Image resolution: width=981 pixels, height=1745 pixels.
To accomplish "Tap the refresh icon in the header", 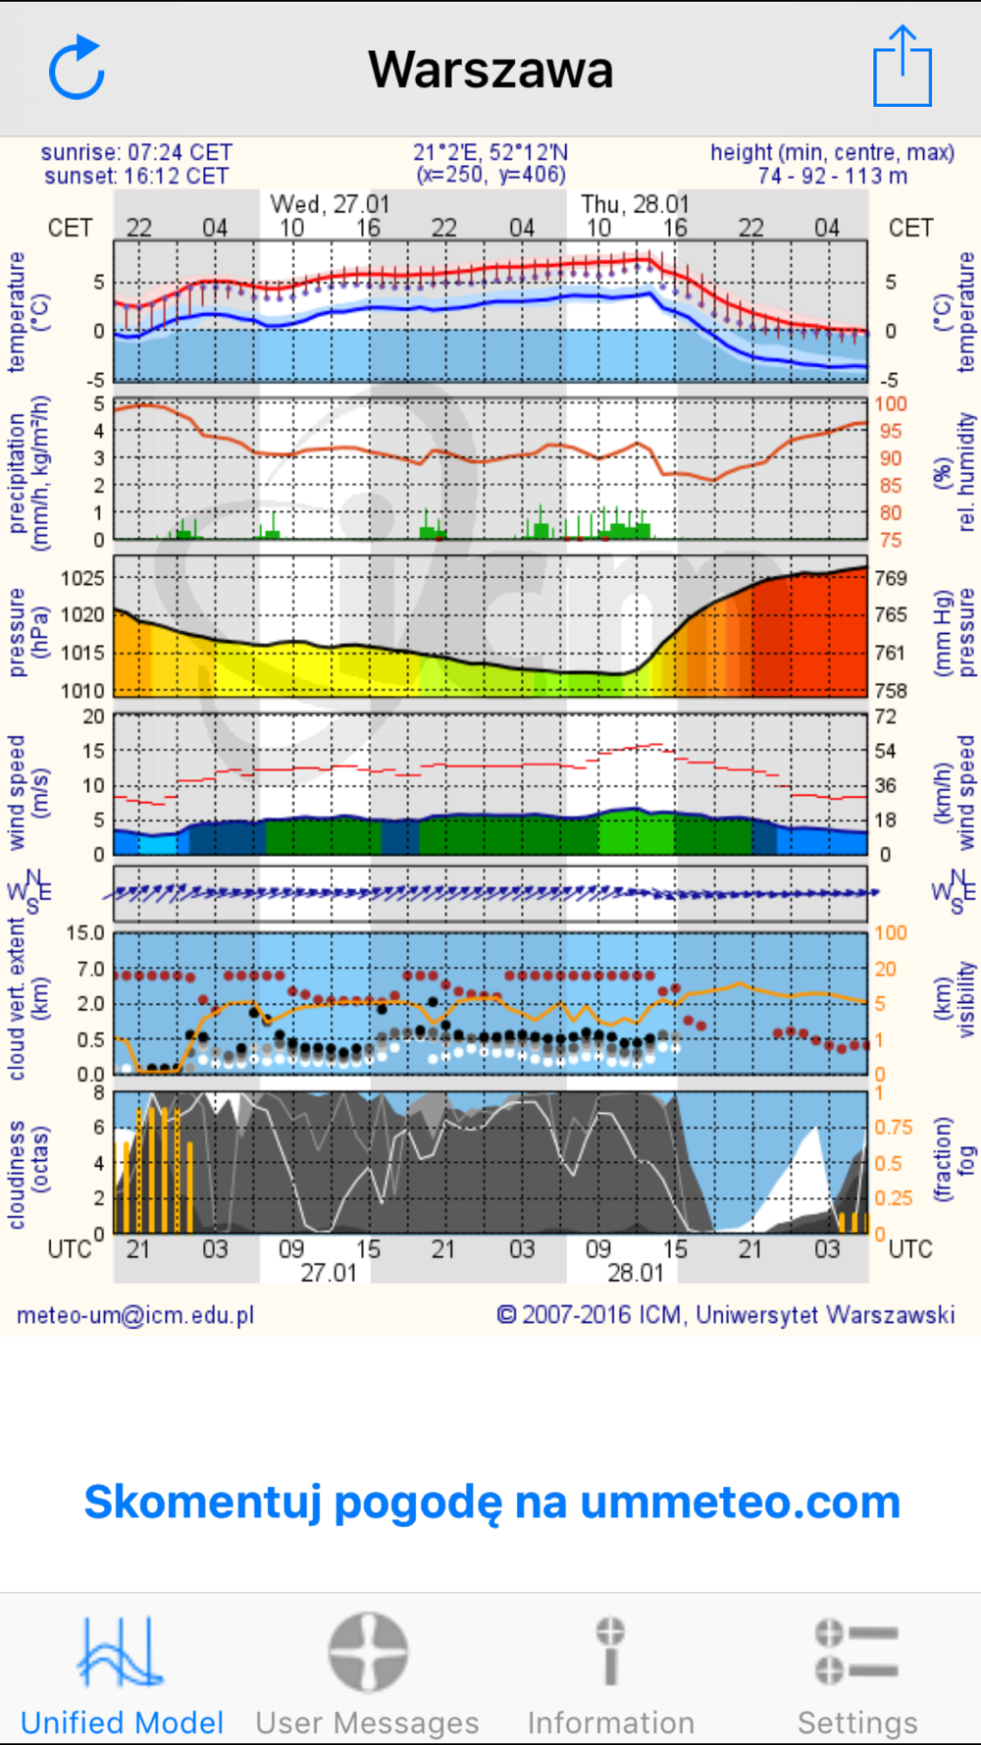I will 77,69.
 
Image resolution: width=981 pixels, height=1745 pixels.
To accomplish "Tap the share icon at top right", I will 902,67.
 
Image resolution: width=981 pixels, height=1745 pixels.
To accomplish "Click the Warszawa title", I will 490,70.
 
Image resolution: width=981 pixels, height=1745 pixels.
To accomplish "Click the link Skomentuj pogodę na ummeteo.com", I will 491,1502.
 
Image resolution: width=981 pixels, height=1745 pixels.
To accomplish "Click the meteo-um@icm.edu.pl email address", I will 135,1315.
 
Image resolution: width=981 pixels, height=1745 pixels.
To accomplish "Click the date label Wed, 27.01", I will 330,204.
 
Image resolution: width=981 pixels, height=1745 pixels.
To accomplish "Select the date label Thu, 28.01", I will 635,204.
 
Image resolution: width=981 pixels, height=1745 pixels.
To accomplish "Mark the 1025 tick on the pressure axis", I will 82,578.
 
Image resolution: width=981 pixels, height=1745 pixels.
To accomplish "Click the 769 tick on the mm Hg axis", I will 891,578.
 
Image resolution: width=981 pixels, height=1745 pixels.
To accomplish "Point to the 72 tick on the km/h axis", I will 885,716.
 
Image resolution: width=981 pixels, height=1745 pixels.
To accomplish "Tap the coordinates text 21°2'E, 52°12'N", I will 490,152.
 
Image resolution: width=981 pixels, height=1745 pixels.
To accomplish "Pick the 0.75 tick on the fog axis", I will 893,1128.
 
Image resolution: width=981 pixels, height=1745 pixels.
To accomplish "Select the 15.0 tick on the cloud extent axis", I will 84,933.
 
